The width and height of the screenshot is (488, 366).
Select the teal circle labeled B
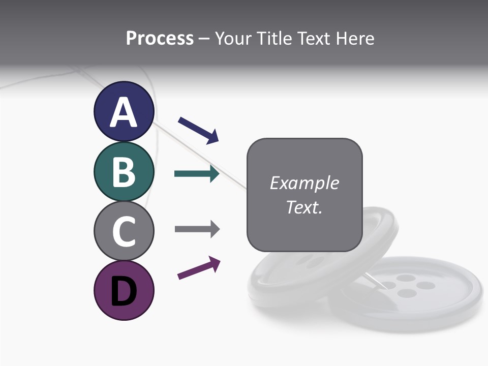[124, 171]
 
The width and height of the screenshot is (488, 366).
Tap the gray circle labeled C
[124, 231]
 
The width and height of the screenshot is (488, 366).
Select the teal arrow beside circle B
[196, 174]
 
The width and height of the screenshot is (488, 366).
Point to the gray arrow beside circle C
[197, 229]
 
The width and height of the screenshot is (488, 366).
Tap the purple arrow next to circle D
[199, 268]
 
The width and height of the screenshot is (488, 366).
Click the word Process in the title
[160, 39]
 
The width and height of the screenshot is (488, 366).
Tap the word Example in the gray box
[304, 183]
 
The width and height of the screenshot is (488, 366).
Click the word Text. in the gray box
[304, 207]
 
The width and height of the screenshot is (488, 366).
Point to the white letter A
[124, 112]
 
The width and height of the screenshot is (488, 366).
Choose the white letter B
[124, 172]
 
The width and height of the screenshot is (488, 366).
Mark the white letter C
[124, 231]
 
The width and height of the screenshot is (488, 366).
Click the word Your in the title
[234, 39]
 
